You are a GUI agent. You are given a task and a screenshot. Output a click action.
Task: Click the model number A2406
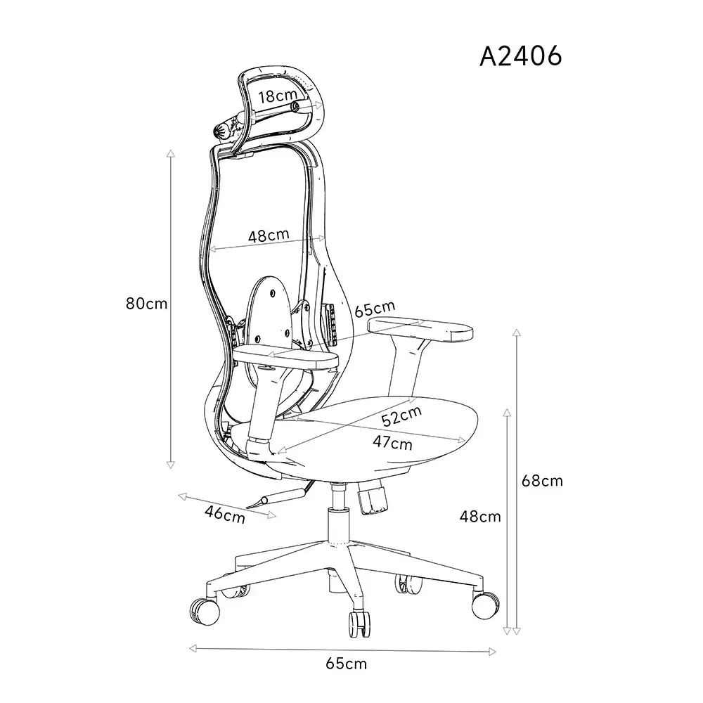pos(520,56)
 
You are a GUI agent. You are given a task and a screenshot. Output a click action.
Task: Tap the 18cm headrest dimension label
pos(278,96)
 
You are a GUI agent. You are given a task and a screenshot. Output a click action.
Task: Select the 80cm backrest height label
pos(147,304)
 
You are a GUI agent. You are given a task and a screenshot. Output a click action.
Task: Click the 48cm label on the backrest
pos(269,236)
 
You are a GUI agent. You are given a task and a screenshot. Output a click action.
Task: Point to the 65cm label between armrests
pos(375,309)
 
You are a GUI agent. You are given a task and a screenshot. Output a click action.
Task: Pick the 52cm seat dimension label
pos(401,415)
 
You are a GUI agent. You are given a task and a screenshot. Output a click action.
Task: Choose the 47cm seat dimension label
pos(392,442)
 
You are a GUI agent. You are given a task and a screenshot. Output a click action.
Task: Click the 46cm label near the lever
pos(225,515)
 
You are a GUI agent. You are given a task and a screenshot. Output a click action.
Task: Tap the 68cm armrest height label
pos(542,481)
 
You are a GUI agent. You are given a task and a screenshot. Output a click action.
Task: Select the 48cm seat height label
pos(480,517)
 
